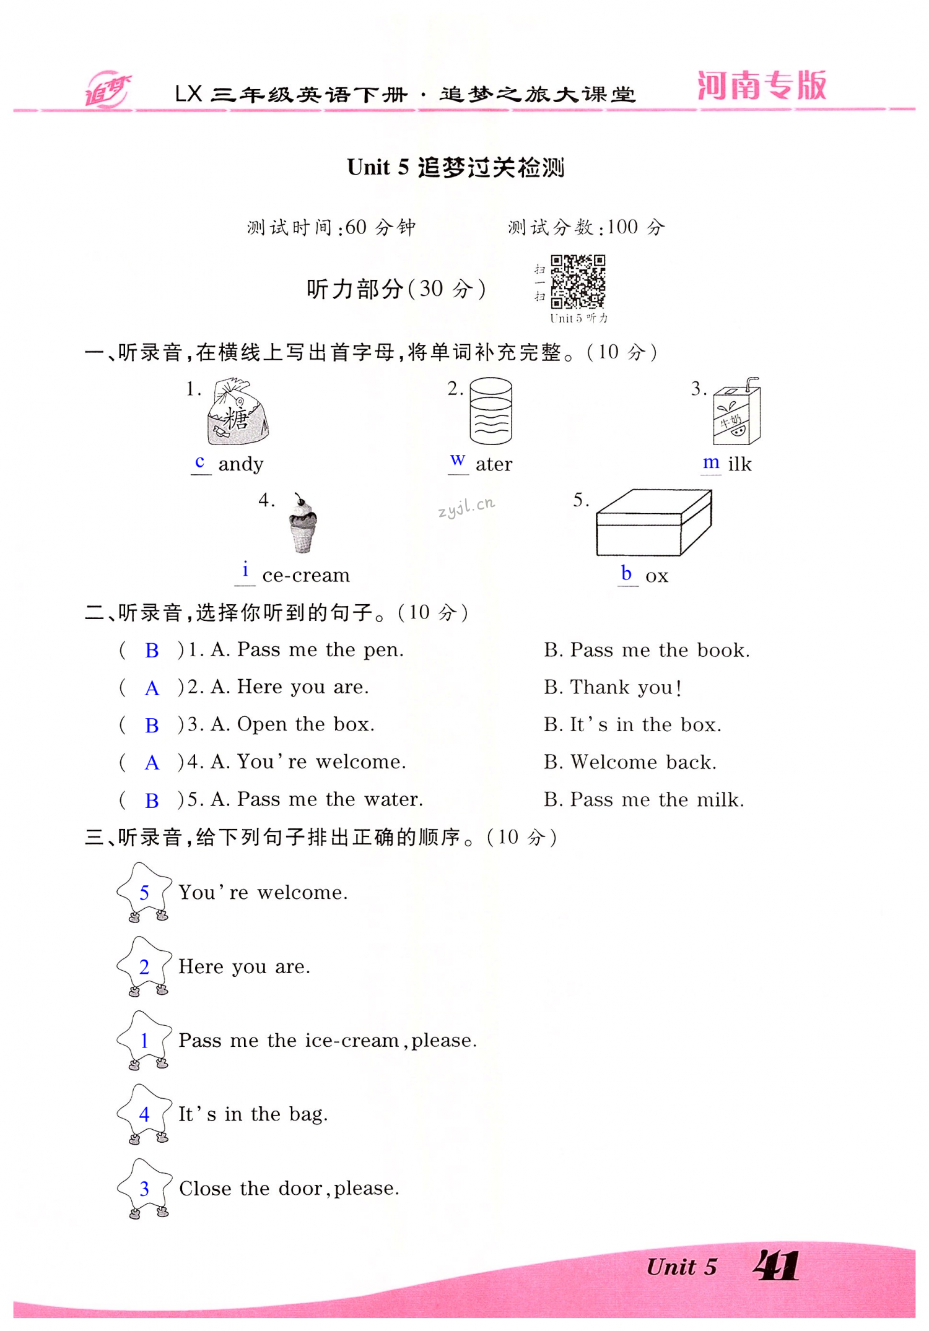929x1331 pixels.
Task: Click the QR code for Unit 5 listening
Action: [x=578, y=281]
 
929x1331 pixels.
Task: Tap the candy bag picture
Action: [x=237, y=412]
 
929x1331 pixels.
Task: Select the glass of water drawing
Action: [x=491, y=411]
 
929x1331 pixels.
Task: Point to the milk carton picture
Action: [x=736, y=412]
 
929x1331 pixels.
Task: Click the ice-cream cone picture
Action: [x=302, y=524]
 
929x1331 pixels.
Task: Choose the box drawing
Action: [x=653, y=522]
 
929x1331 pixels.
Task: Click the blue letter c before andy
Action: [x=199, y=462]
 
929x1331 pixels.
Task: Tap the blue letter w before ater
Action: [x=458, y=460]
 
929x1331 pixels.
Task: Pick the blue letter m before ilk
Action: [x=711, y=462]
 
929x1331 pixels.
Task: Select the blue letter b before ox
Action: [x=626, y=573]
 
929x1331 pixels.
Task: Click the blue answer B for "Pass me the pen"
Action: [x=152, y=651]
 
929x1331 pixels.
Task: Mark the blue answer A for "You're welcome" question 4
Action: [x=152, y=763]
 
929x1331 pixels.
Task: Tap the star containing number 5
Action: [x=144, y=891]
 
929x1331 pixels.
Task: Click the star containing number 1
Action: [x=144, y=1040]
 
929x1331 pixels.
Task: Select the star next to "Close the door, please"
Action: [x=144, y=1188]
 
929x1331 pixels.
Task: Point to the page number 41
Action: [x=776, y=1266]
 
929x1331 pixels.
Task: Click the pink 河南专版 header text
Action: [x=762, y=85]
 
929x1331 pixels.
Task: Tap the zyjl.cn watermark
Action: [x=466, y=506]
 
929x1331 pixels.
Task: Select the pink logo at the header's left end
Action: [x=107, y=90]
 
